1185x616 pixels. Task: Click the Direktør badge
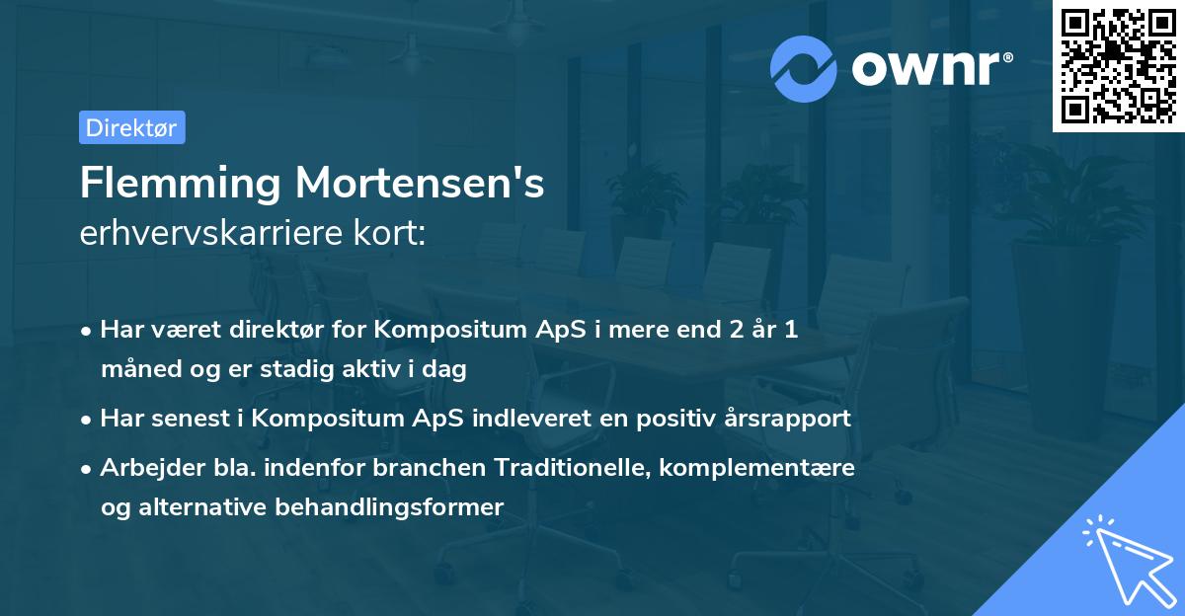[131, 127]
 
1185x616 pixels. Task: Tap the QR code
[1118, 65]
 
